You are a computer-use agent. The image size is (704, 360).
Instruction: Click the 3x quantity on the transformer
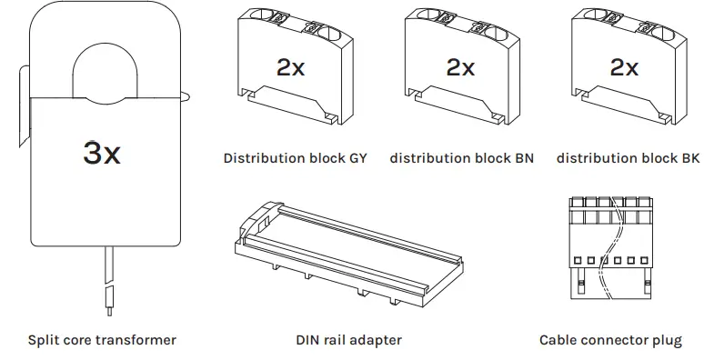102,153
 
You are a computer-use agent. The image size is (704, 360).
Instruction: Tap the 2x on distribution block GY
290,68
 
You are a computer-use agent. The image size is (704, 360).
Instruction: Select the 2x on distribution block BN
460,68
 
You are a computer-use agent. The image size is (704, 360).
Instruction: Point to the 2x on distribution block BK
624,68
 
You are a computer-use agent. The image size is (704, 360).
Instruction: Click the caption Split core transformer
102,341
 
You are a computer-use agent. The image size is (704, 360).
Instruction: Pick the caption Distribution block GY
296,158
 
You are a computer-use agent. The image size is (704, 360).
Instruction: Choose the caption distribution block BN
462,158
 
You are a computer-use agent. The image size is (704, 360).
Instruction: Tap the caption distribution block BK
629,158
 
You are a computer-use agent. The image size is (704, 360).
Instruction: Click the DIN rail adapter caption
348,341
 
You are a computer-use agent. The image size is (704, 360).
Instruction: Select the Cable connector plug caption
610,341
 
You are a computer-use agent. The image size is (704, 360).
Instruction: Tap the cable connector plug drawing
609,245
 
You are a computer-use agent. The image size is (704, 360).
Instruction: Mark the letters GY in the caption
357,158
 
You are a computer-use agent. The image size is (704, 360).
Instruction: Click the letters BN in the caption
524,158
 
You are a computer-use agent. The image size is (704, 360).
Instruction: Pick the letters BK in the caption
690,158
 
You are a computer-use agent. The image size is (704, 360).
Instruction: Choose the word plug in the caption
666,341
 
